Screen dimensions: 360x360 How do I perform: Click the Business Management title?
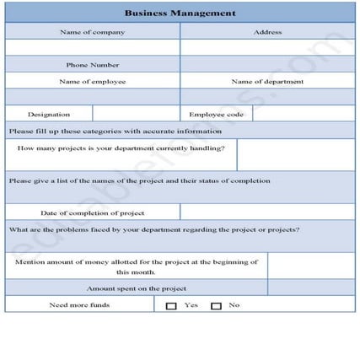point(180,13)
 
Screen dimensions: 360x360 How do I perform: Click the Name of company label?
point(92,32)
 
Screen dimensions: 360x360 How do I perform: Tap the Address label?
point(267,32)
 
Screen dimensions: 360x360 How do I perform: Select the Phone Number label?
point(92,65)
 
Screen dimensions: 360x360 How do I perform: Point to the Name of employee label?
point(92,82)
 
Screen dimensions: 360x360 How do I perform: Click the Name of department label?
point(267,82)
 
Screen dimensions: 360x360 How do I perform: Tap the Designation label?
point(49,114)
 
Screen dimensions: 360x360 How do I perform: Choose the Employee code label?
point(216,114)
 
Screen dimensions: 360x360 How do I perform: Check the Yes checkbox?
point(171,305)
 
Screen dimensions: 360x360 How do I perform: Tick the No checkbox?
point(216,305)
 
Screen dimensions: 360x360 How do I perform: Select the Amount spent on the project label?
point(136,287)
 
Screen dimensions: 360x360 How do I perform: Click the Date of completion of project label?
point(93,213)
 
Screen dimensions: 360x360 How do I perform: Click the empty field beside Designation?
point(135,114)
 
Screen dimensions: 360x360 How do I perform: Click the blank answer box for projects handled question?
point(296,155)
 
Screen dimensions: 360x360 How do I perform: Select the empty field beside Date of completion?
point(267,212)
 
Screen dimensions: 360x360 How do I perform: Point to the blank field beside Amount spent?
point(311,287)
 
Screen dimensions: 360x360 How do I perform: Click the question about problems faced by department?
point(153,229)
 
